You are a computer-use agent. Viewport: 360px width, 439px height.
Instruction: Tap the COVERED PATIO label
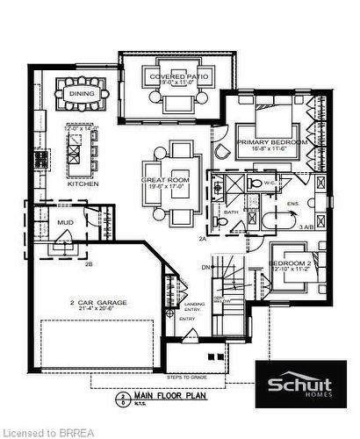[x=179, y=76]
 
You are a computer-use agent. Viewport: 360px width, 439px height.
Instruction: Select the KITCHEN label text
[x=83, y=184]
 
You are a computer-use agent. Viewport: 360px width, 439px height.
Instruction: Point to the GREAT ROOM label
[x=167, y=180]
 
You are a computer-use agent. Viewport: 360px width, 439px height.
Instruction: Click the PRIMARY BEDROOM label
[x=272, y=142]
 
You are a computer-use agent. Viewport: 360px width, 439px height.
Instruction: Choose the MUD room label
[x=64, y=222]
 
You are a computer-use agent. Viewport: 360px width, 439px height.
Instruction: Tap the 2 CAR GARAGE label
[x=98, y=302]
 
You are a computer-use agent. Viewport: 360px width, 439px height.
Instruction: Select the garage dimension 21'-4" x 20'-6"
[x=98, y=310]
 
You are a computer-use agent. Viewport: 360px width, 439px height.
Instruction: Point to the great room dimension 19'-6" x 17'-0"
[x=167, y=187]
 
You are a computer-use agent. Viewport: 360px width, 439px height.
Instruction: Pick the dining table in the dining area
[x=81, y=91]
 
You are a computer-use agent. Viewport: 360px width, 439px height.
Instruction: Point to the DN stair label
[x=205, y=267]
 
